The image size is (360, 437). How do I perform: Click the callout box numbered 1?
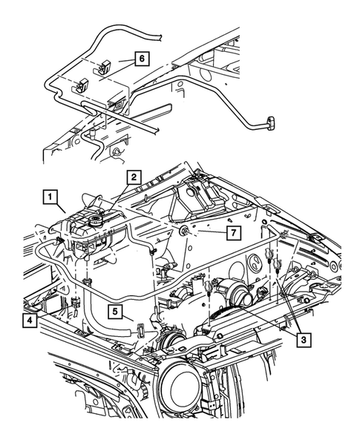click(50, 197)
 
